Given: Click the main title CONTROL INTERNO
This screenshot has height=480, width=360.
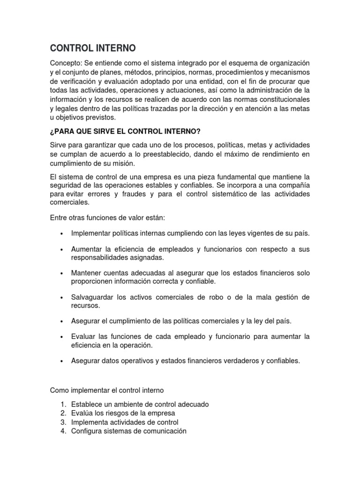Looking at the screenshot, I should coord(93,48).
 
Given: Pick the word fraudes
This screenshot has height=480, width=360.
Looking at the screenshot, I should coord(137,194).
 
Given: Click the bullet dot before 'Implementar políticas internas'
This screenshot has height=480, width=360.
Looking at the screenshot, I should coord(61,234).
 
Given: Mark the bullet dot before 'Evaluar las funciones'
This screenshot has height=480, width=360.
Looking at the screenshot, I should coord(61,337).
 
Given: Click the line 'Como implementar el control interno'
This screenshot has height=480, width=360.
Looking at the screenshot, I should coord(107,390).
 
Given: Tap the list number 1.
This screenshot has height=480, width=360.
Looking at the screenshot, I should coord(63,404).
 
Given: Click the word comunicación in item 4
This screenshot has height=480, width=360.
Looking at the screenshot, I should coord(163,431).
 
